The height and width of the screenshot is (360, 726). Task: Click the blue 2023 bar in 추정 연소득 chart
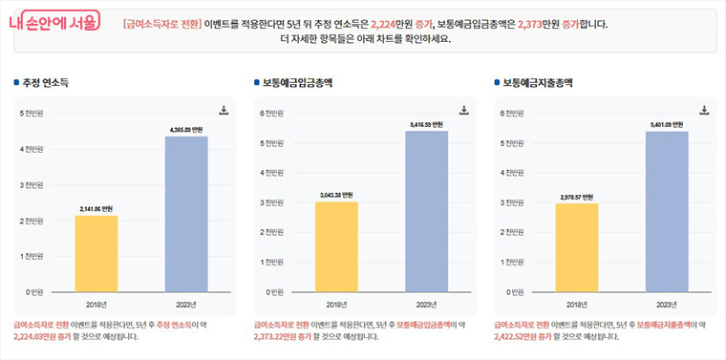(185, 214)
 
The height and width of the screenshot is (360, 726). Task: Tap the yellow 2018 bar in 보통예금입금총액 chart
(336, 246)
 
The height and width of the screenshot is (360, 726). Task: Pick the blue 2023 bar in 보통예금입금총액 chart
(426, 211)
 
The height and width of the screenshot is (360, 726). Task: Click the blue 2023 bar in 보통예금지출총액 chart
(666, 211)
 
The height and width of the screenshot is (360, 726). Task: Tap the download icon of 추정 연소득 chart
(224, 110)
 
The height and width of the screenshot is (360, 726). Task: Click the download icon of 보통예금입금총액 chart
(464, 110)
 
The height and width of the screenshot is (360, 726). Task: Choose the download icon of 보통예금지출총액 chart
(704, 110)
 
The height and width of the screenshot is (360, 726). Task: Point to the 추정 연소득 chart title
(49, 83)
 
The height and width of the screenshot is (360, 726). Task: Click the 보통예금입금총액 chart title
(297, 83)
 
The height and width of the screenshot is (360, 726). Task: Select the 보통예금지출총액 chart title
(537, 83)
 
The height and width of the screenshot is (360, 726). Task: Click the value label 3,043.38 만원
(336, 195)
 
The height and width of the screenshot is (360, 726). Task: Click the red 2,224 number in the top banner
(392, 22)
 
